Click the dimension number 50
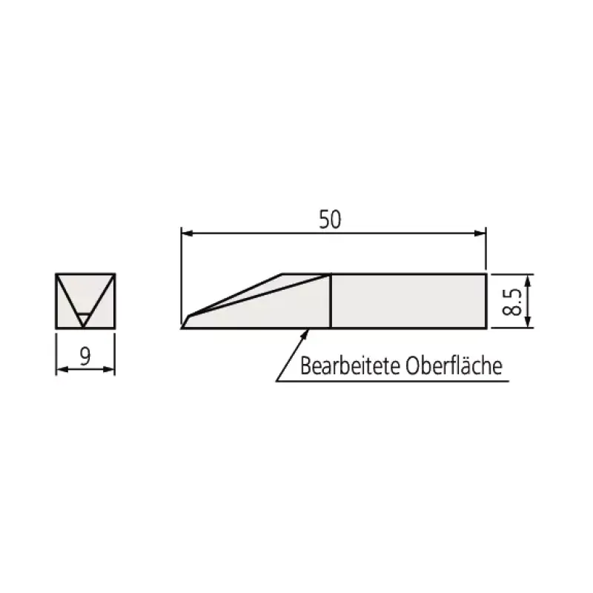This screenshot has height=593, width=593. [x=330, y=219]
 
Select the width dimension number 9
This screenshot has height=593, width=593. [x=85, y=357]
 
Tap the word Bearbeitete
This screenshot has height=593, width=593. [x=350, y=365]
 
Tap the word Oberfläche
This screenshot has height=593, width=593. [x=454, y=365]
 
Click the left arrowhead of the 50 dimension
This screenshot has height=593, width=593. [x=188, y=233]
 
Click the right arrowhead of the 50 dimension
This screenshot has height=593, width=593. [x=480, y=233]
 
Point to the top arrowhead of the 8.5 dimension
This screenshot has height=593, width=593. [x=529, y=280]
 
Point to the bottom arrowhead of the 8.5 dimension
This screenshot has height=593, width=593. [x=529, y=322]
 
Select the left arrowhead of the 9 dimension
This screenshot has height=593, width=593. [x=62, y=369]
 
